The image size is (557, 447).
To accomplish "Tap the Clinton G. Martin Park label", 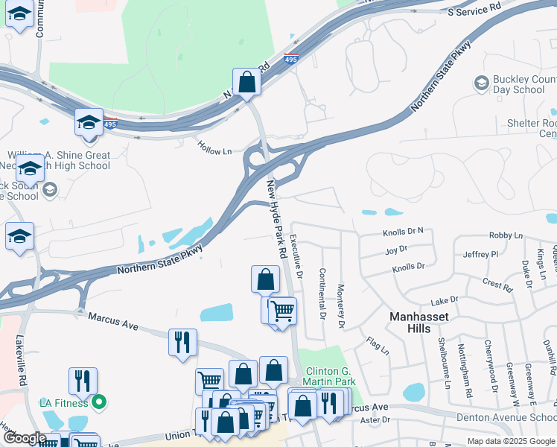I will coord(323,375).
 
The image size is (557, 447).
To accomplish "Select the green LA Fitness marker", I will coord(98,403).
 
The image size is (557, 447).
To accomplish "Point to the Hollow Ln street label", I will coord(215,150).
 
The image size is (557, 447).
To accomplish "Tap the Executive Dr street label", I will coord(296,256).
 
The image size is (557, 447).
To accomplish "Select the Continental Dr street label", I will coord(322,294).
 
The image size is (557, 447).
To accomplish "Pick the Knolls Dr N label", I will coord(403,231).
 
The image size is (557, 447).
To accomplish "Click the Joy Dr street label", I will coord(396,250).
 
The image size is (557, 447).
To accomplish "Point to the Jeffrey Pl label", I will coord(480,254).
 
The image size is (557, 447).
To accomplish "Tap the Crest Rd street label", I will coord(497,285).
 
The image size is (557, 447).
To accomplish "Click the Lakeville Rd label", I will coord(22,359).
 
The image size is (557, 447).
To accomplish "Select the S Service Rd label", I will coord(474,10).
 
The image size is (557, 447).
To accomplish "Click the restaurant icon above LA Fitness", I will coord(83,381).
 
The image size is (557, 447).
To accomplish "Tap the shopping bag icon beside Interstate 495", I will coord(246,82).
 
